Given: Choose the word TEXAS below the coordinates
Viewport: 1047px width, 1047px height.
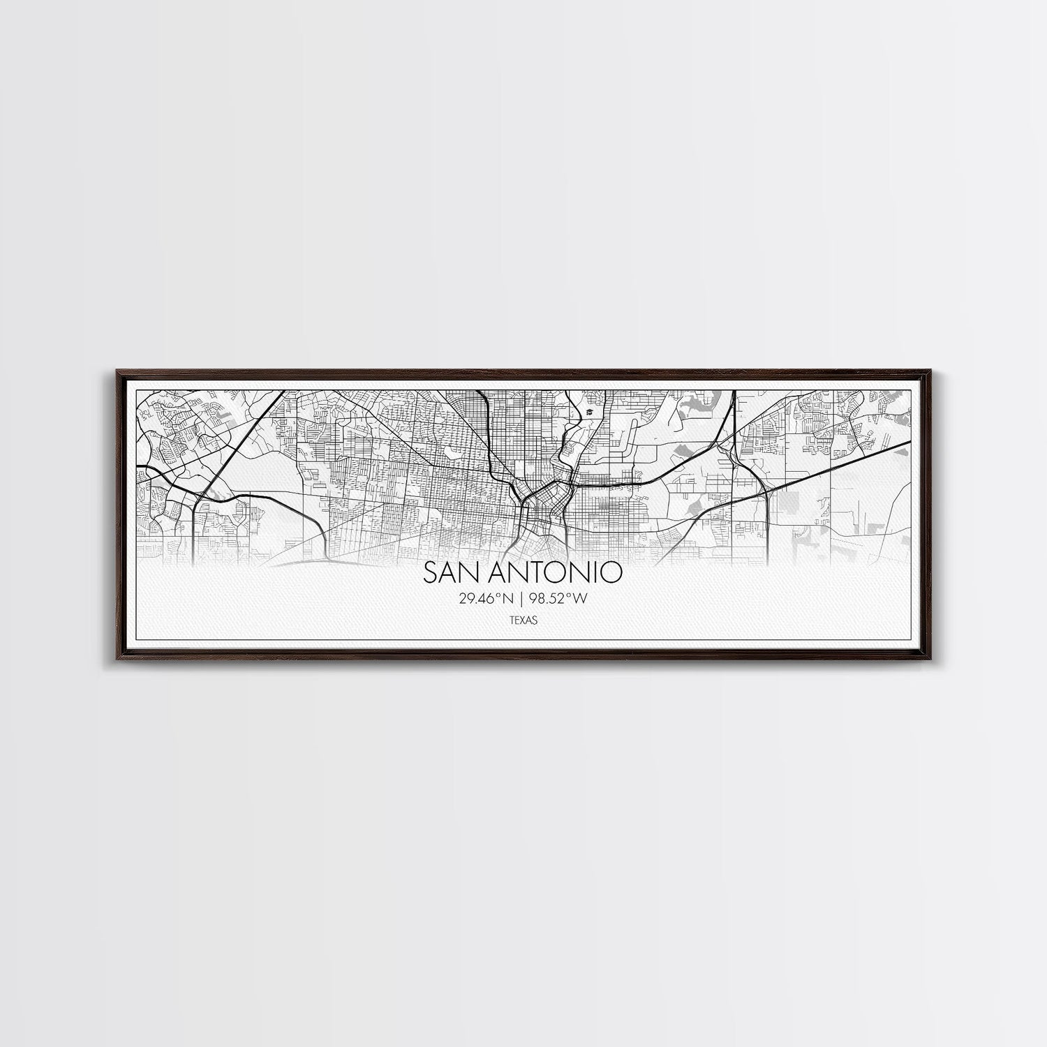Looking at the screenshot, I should tap(523, 618).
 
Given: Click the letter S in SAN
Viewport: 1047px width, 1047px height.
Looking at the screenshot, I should tap(430, 573).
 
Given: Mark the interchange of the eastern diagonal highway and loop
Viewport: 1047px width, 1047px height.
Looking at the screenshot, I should tap(766, 491).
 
